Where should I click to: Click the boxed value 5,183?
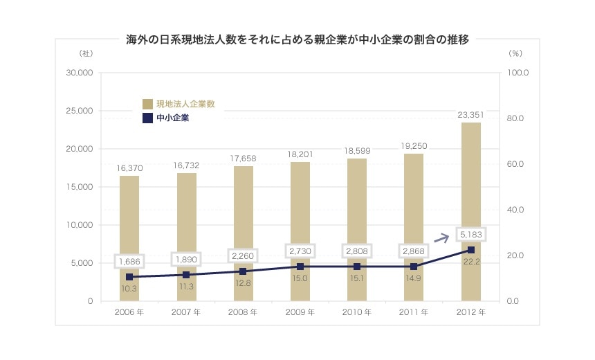click(471, 235)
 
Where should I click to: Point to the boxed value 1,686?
click(129, 262)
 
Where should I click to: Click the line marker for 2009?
click(300, 267)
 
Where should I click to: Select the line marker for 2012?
click(471, 250)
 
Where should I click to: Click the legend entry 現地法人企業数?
click(179, 104)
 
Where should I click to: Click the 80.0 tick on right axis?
click(518, 118)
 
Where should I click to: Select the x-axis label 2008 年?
click(243, 312)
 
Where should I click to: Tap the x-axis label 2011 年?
click(414, 312)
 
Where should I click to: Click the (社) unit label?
click(86, 53)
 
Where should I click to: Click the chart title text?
click(297, 39)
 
